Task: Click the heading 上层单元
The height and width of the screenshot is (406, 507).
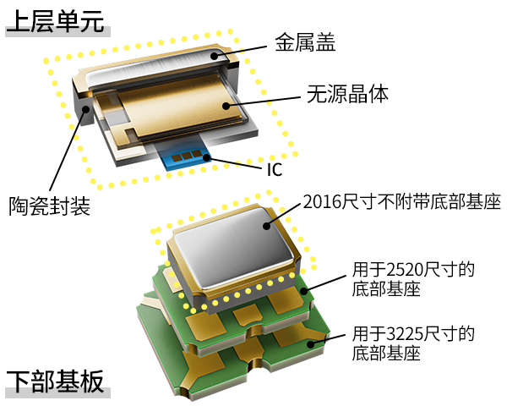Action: [x=55, y=21]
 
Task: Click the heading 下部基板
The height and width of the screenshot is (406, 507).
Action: [x=55, y=381]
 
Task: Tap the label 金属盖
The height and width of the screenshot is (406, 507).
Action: [x=305, y=42]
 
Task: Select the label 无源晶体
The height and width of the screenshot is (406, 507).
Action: [x=347, y=94]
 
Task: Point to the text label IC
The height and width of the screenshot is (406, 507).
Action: [x=275, y=169]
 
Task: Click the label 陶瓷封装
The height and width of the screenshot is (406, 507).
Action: [x=49, y=206]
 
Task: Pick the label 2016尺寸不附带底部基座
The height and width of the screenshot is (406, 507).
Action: [x=402, y=201]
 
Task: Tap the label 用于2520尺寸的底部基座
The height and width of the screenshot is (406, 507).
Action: [x=413, y=279]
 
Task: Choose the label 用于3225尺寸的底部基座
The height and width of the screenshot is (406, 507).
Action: [x=413, y=343]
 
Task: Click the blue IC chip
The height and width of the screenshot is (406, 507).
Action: [x=183, y=156]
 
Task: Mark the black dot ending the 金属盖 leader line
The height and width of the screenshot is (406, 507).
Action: [x=215, y=56]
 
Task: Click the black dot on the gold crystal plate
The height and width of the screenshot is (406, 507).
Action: [x=226, y=106]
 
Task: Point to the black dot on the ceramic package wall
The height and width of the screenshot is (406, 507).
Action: [x=85, y=109]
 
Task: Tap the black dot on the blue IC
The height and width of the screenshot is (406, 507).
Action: [x=206, y=158]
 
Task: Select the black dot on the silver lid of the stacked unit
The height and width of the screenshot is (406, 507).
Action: [x=266, y=226]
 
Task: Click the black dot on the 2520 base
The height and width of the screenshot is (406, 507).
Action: [x=304, y=291]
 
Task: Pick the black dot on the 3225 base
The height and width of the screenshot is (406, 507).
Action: [x=311, y=344]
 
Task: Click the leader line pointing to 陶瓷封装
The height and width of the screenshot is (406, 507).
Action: [x=68, y=150]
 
